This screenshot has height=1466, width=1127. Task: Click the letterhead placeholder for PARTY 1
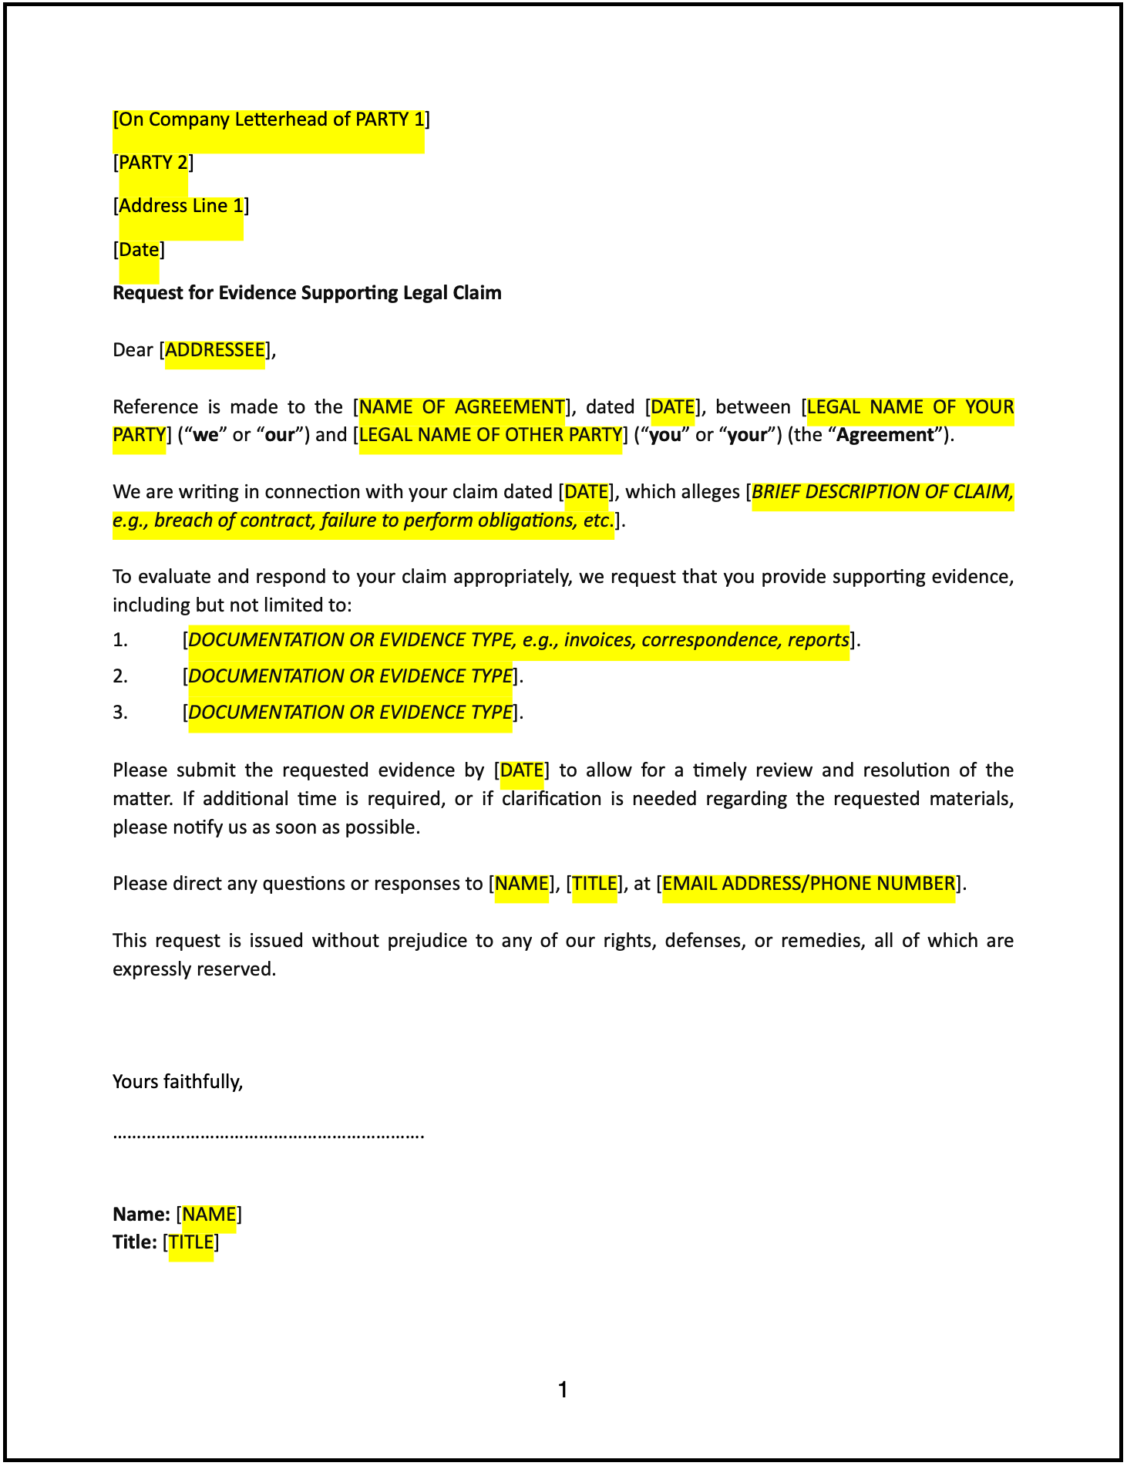point(271,120)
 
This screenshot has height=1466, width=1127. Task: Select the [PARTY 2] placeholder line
point(153,163)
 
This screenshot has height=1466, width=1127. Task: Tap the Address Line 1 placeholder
point(180,207)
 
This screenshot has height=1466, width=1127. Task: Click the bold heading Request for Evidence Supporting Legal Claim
point(307,293)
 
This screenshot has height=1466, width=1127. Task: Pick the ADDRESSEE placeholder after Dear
point(214,351)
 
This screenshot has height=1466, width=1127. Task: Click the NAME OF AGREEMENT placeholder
point(462,407)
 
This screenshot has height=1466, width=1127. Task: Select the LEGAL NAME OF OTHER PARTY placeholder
point(490,436)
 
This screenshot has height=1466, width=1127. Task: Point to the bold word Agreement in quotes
point(885,436)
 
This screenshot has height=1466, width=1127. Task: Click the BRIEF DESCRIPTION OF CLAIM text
point(882,493)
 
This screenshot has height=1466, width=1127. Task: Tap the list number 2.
point(120,677)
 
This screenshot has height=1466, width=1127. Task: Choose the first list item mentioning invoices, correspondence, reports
point(518,641)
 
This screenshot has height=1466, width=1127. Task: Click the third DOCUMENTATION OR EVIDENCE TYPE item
point(350,713)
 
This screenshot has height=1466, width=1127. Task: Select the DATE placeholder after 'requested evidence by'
point(522,771)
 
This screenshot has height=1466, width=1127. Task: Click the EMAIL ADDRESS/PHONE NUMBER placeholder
point(809,885)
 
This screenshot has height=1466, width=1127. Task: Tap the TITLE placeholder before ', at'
point(594,885)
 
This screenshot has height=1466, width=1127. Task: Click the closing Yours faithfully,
point(178,1082)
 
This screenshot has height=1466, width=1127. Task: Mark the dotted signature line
point(268,1135)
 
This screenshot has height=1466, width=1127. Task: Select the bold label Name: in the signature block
point(141,1215)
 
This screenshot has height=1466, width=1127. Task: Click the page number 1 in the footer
point(563,1390)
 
